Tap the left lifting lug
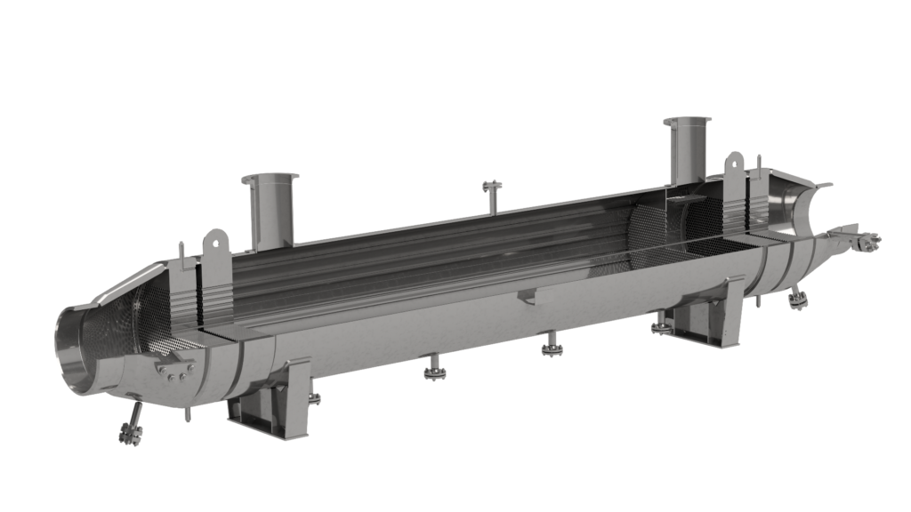coord(214,250)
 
